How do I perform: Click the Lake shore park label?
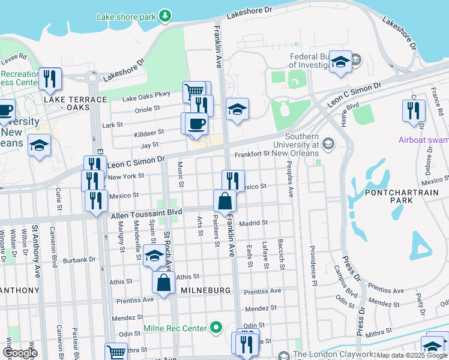click(x=126, y=16)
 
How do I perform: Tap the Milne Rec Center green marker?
click(x=217, y=328)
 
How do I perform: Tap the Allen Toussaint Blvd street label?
click(x=146, y=214)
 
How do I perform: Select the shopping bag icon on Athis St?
click(x=164, y=283)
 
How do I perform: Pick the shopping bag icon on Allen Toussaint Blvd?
click(x=224, y=201)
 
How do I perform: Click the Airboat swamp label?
click(x=424, y=140)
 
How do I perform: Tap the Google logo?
click(x=20, y=353)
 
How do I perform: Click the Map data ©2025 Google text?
click(x=412, y=355)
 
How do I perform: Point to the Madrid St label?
click(x=253, y=223)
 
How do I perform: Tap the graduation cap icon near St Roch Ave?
click(x=154, y=256)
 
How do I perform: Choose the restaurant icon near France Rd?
click(x=414, y=110)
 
